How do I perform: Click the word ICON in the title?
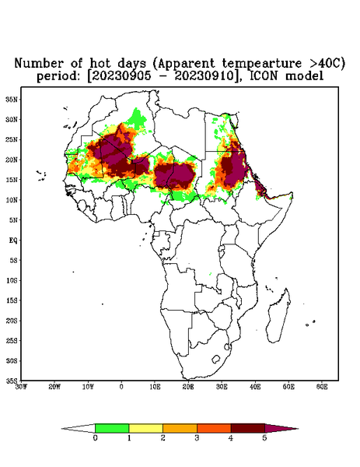pos(264,76)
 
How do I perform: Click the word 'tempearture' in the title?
pos(261,64)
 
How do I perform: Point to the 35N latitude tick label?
pos(12,99)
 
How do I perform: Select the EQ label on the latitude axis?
pos(13,240)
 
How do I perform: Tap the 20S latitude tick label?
pos(12,321)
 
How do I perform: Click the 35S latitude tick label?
pos(12,381)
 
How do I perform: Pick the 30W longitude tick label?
pos(21,387)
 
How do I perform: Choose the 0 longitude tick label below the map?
pos(121,387)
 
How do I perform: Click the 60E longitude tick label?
pos(322,387)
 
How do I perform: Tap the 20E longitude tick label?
pos(188,387)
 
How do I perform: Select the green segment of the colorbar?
pos(112,428)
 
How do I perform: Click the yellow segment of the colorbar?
pos(145,428)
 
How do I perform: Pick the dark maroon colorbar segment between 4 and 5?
pos(248,428)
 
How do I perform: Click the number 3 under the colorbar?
pos(197,438)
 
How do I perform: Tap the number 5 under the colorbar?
pos(264,438)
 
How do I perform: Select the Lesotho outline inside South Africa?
pos(216,359)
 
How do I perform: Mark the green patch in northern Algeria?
pos(138,118)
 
